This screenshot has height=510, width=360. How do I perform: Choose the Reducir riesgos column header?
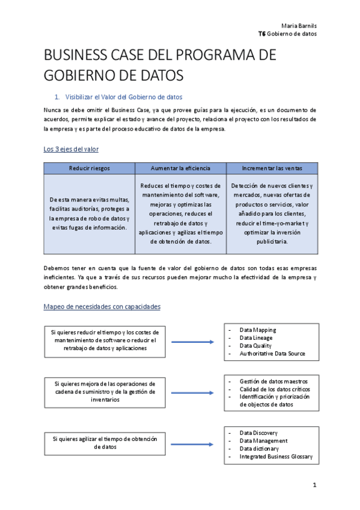(x=90, y=168)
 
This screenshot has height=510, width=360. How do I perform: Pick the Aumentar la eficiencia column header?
(x=180, y=168)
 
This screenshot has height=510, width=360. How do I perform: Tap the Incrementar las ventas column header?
(x=272, y=168)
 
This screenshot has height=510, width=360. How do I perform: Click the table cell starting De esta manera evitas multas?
(x=90, y=214)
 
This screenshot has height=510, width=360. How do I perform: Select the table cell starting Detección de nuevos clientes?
(x=272, y=214)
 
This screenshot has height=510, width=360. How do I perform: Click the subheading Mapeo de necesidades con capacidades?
(x=102, y=307)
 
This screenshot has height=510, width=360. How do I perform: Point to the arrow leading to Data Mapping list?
(x=191, y=342)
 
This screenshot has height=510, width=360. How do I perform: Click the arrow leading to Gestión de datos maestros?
(x=191, y=393)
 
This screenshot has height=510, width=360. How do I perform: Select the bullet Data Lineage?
(x=255, y=338)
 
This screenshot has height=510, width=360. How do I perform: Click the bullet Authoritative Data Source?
(x=272, y=354)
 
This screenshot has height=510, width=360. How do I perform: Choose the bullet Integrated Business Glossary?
(x=276, y=456)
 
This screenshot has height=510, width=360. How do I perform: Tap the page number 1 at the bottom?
(x=314, y=485)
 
